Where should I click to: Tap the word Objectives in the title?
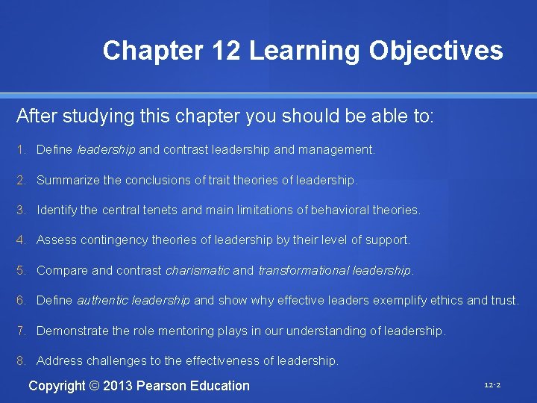[x=436, y=51]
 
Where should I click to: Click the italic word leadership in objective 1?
[x=106, y=150]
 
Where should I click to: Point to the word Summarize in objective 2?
[x=68, y=180]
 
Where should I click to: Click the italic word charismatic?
[x=197, y=270]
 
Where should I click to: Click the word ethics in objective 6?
[x=446, y=301]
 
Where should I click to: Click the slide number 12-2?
[x=492, y=385]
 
